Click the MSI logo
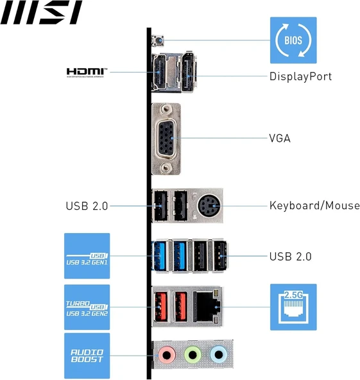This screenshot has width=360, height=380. (x=41, y=12)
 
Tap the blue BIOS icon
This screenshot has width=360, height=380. (x=292, y=40)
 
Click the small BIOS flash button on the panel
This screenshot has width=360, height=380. (x=156, y=41)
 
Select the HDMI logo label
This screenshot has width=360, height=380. (x=87, y=72)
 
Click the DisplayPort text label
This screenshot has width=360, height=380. (x=300, y=76)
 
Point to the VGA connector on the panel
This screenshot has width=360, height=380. (x=166, y=138)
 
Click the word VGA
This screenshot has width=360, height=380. (x=279, y=138)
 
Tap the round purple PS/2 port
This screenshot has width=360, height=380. (x=207, y=206)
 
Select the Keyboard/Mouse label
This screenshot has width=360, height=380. (x=314, y=206)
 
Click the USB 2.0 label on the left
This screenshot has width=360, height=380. (x=87, y=206)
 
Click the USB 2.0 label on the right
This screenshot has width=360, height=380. (x=290, y=256)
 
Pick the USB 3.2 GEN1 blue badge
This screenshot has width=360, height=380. (x=87, y=256)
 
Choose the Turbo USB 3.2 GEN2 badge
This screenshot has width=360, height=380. (x=87, y=307)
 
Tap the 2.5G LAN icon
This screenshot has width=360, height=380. (x=293, y=307)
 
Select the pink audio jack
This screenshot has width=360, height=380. (x=166, y=353)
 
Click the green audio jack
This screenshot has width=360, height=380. (x=192, y=353)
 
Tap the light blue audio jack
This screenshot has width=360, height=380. (x=218, y=353)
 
